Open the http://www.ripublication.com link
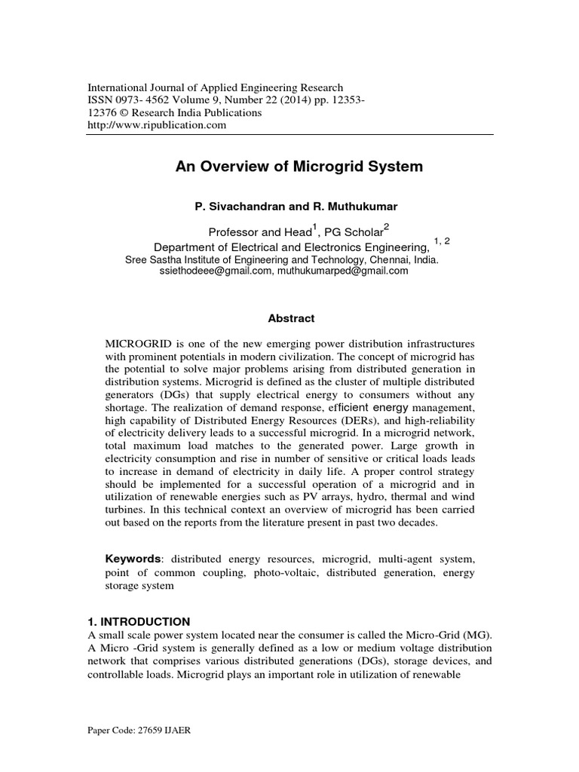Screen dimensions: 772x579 point(158,125)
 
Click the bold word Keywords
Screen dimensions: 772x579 point(133,559)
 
